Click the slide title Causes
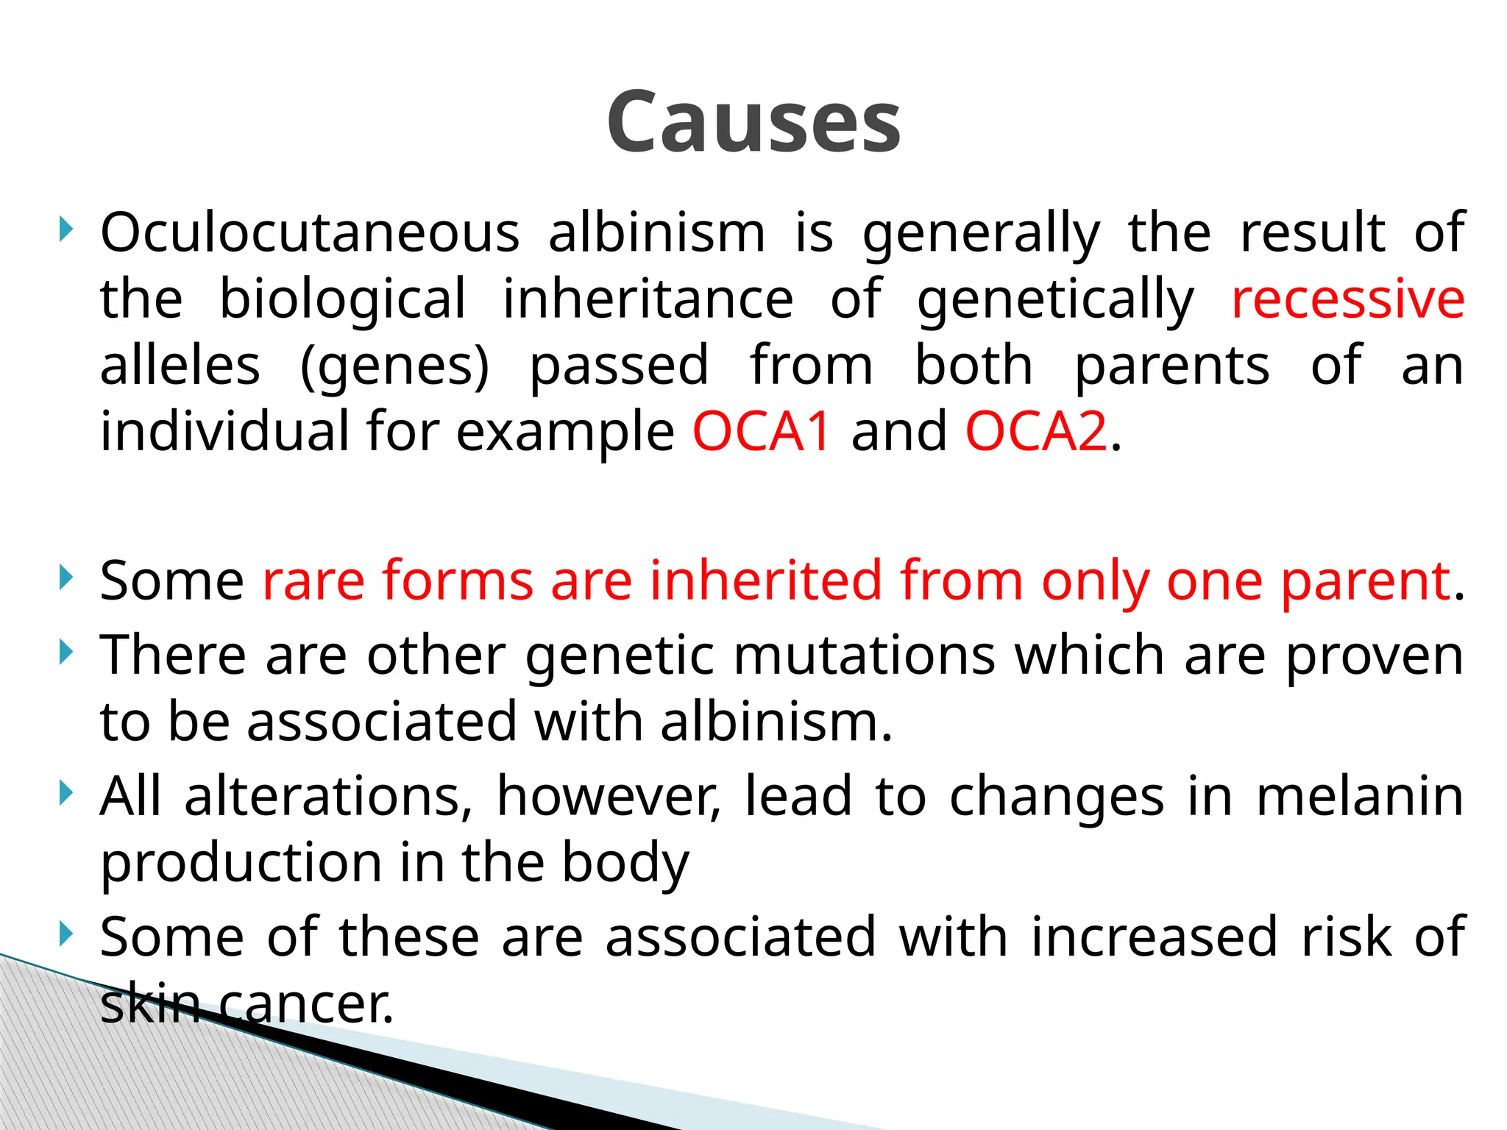click(x=753, y=122)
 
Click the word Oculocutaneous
click(x=310, y=232)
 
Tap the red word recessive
click(x=1347, y=299)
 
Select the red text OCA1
click(x=762, y=432)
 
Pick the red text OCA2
click(x=1036, y=432)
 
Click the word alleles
click(x=180, y=366)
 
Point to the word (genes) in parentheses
click(x=395, y=366)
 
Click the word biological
click(x=343, y=299)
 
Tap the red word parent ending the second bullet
click(x=1365, y=582)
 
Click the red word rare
click(x=313, y=582)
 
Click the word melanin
click(x=1360, y=797)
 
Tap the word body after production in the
click(x=625, y=864)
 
